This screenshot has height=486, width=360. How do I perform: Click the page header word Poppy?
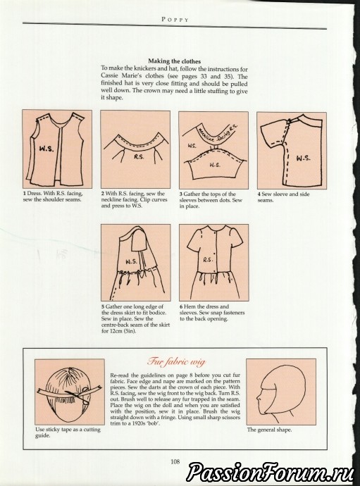tap(175, 20)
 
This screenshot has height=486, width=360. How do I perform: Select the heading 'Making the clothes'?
tap(174, 61)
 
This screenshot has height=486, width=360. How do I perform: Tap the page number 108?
tap(175, 462)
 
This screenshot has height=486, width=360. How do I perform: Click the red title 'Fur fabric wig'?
tap(176, 362)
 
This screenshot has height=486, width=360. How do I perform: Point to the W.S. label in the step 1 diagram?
tap(46, 149)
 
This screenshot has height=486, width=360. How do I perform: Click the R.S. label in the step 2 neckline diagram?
tap(139, 157)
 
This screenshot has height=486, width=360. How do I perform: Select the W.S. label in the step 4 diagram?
tap(303, 158)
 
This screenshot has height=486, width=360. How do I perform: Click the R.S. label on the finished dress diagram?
tap(208, 260)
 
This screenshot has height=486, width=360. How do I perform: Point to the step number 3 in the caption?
tap(181, 194)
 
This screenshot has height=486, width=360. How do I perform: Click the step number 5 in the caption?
tap(103, 307)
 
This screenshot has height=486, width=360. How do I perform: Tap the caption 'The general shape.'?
tap(269, 430)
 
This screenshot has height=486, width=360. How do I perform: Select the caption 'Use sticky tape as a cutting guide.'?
tap(68, 432)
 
